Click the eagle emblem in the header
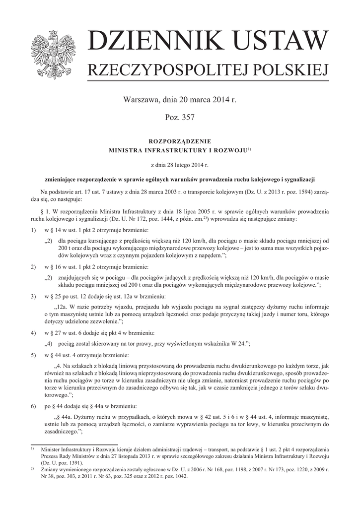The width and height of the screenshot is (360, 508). point(52,53)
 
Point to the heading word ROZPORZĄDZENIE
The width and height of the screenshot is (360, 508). point(180,141)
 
